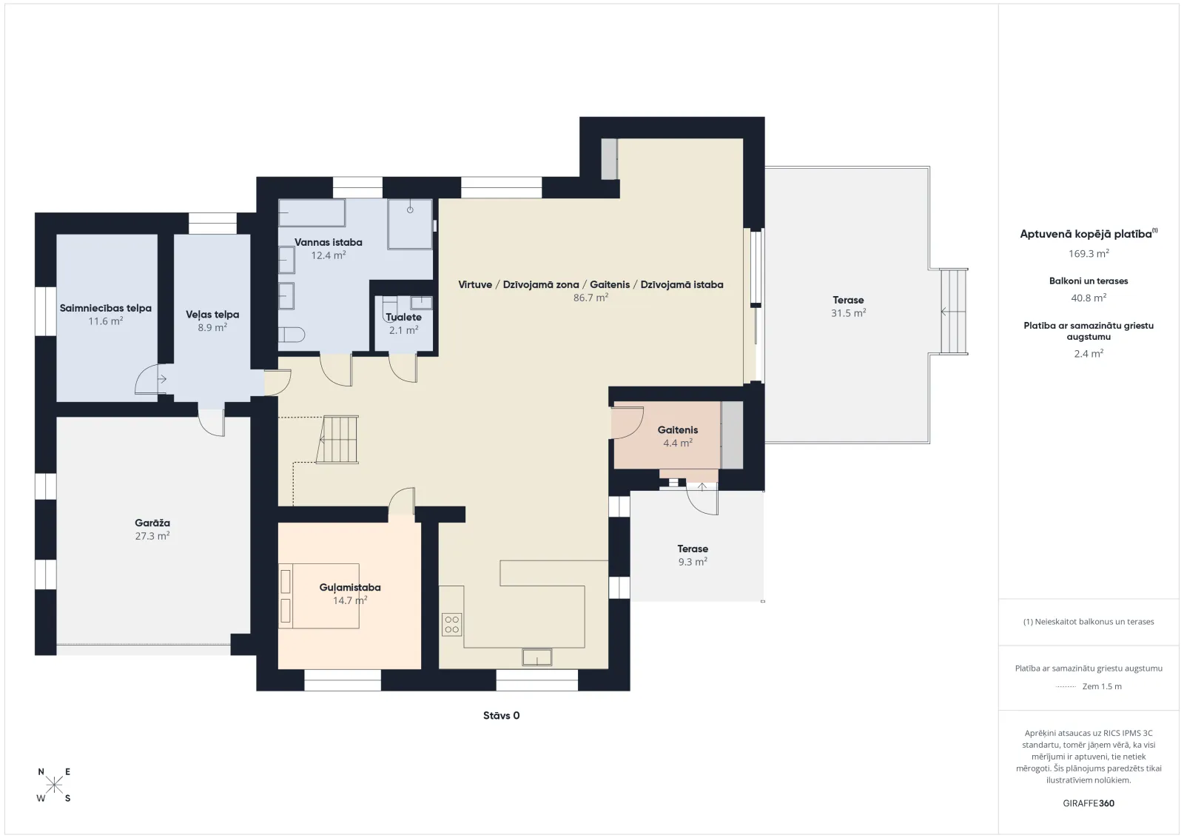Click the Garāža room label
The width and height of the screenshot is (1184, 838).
point(152,523)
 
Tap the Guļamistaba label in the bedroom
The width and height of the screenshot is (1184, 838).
point(350,587)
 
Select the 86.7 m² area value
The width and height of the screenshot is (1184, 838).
point(591,298)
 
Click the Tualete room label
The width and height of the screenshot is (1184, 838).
point(404,318)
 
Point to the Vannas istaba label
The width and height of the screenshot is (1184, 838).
point(329,242)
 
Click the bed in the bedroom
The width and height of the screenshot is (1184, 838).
point(319,596)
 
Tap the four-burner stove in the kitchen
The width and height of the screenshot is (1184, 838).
point(452,624)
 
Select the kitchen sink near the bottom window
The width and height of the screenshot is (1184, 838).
point(537,657)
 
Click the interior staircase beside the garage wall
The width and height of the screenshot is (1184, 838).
point(337,440)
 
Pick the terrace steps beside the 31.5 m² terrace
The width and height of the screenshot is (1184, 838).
point(954,312)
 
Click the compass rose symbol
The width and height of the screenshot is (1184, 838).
point(54,785)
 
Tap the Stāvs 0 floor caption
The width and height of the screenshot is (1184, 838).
point(502,715)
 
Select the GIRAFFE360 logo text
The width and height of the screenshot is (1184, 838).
point(1089,803)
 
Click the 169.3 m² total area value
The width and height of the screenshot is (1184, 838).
point(1089,253)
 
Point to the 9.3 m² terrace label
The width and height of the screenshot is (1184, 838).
point(693,561)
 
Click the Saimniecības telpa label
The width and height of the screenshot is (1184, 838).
point(106,308)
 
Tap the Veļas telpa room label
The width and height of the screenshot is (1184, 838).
point(212,315)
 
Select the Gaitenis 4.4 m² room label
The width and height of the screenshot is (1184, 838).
point(678,436)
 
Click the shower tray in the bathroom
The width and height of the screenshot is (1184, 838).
point(410,224)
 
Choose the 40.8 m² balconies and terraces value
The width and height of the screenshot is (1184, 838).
point(1089,298)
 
